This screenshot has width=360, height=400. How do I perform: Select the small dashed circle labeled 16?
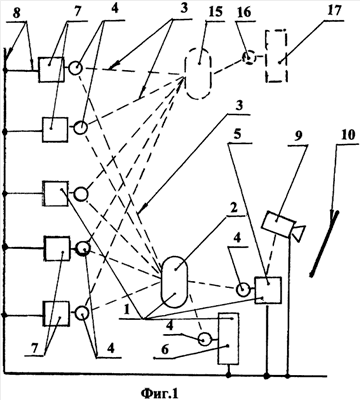(x=250, y=58)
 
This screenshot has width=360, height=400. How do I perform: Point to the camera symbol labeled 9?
(x=283, y=225)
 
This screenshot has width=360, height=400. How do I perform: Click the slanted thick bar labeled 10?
(x=324, y=244)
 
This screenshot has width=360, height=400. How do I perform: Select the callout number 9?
(x=299, y=136)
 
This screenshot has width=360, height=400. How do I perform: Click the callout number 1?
(x=126, y=311)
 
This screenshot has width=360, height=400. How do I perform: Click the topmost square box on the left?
(x=51, y=69)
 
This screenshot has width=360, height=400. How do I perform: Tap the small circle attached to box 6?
(x=205, y=340)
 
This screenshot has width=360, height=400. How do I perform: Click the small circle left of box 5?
(x=244, y=290)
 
